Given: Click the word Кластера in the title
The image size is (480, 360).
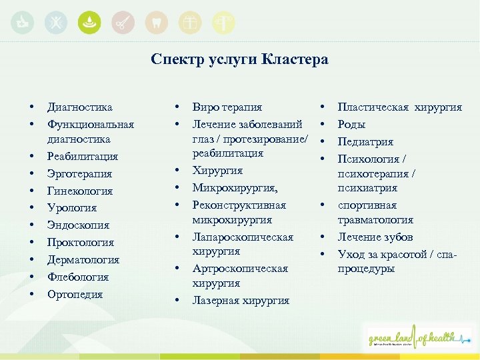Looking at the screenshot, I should [294, 59].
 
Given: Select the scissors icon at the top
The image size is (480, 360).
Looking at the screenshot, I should [122, 23].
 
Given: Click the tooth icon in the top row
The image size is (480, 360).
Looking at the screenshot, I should [157, 23].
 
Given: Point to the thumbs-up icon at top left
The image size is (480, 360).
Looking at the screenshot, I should [23, 23].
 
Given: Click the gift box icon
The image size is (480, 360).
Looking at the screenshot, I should [191, 23].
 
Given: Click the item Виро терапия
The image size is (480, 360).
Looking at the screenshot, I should [227, 107].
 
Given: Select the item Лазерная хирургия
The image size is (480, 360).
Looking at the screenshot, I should [241, 300].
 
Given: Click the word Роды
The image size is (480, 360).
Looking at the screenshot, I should [351, 124].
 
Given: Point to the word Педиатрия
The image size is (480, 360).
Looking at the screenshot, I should [365, 141].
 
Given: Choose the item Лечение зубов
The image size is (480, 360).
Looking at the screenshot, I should [375, 237].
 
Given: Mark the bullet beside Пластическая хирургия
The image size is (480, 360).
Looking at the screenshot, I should [322, 107].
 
